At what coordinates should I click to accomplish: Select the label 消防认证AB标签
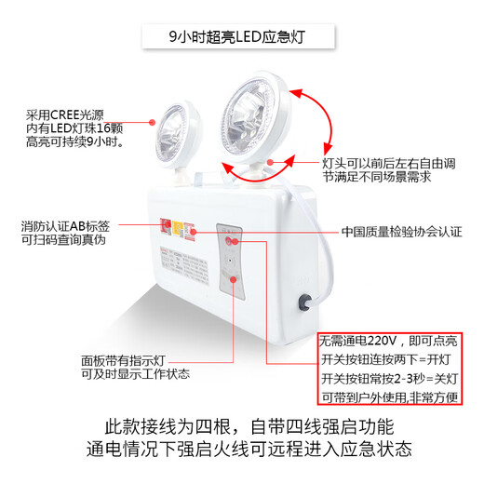[65, 226]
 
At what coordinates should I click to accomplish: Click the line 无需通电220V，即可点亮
[383, 340]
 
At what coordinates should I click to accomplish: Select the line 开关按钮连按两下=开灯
[383, 359]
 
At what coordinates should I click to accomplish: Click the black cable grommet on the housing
[304, 302]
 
